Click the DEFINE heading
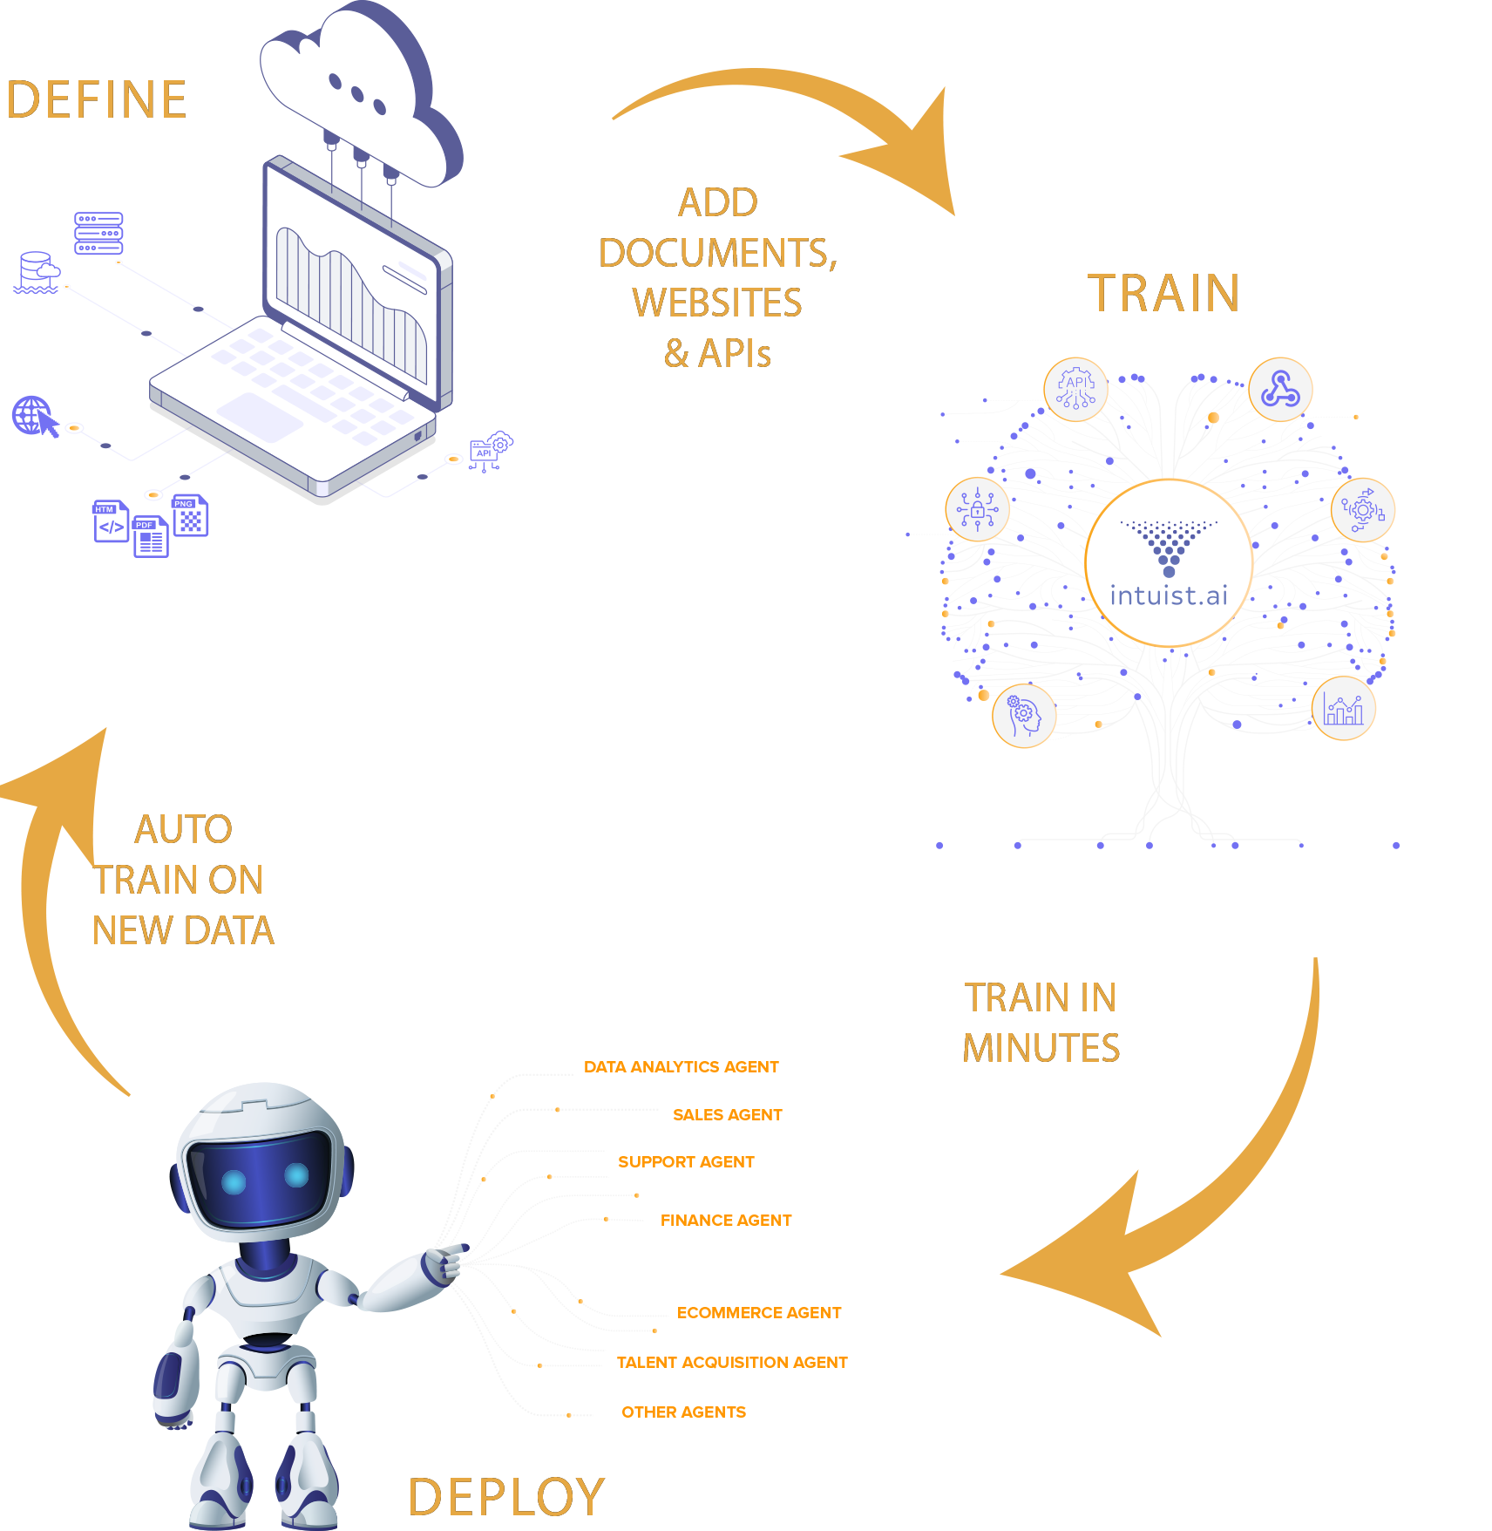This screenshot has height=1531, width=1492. (97, 99)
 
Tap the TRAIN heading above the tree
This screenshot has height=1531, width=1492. (1163, 293)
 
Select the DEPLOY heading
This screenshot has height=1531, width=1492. (505, 1497)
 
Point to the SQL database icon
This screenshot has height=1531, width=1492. (98, 234)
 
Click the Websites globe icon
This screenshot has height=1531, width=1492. (33, 416)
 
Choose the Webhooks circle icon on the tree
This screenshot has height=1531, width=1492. (1280, 389)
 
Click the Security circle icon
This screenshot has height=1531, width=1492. (977, 509)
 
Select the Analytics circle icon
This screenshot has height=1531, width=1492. (1343, 708)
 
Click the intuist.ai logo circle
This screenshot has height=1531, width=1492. (1169, 563)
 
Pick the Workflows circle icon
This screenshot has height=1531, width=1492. (1362, 510)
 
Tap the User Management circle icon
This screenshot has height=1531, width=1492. (1024, 716)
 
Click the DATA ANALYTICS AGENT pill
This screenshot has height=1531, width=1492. (681, 1066)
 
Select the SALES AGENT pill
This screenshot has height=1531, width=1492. (727, 1114)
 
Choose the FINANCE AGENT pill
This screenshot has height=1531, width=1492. (726, 1220)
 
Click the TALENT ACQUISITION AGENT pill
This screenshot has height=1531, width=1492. (732, 1362)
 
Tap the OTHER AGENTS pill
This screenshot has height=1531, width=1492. (683, 1412)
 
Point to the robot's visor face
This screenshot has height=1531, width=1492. (261, 1177)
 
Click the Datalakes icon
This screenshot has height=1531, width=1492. (37, 272)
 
